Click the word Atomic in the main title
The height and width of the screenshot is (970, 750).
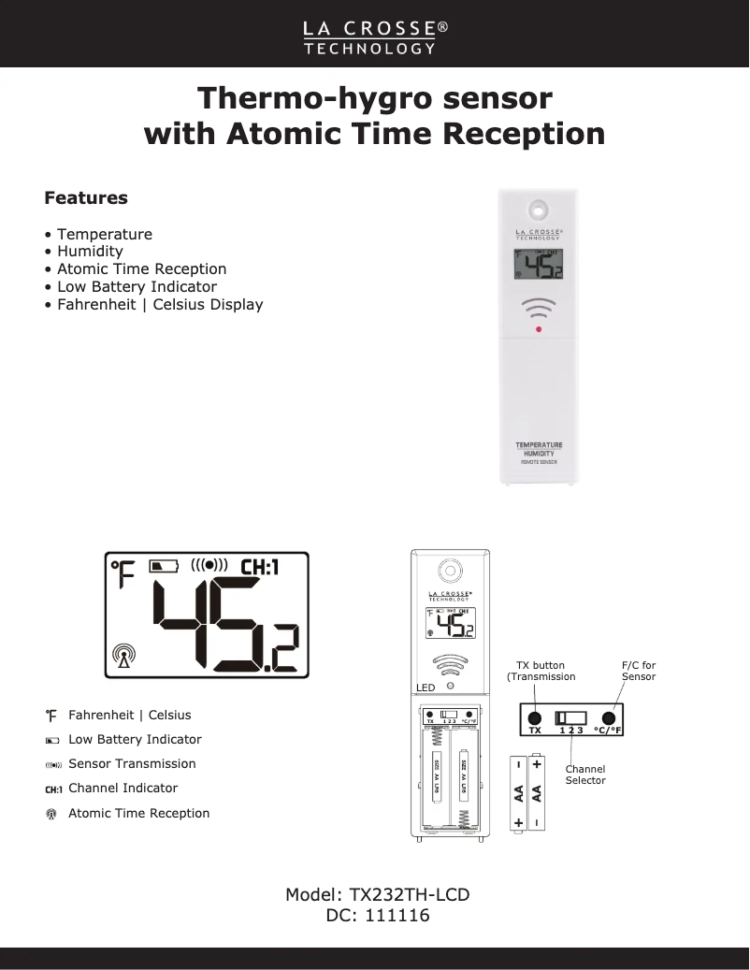pos(285,133)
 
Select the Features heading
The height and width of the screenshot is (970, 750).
pos(86,198)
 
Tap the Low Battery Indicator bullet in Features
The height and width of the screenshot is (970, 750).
pos(137,286)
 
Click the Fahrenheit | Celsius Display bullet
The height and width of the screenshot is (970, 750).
pos(160,304)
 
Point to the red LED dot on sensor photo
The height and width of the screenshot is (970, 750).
pos(539,329)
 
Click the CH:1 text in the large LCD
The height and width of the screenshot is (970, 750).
pos(260,567)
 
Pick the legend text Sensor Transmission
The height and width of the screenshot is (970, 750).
pos(132,763)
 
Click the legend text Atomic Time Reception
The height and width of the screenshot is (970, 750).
pos(138,813)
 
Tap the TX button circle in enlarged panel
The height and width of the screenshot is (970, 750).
pos(534,717)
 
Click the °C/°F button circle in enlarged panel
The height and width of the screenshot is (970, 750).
pos(608,717)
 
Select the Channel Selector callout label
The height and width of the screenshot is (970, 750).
pos(585,775)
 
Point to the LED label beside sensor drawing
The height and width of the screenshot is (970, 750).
pos(425,688)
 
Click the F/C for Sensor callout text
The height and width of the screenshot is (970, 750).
pos(639,671)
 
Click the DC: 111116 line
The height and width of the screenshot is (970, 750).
pos(378,916)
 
